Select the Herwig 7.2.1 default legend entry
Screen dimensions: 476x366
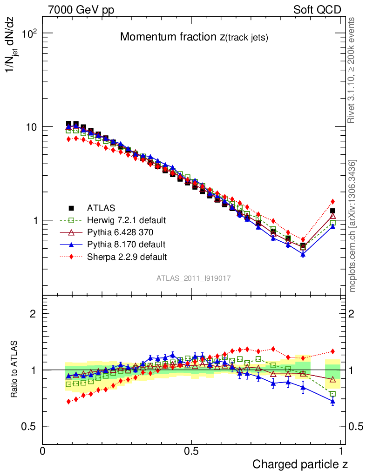click(x=127, y=220)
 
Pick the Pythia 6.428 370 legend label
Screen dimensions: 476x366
click(x=124, y=232)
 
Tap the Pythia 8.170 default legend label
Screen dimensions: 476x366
click(x=126, y=244)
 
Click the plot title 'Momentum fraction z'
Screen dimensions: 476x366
click(x=194, y=37)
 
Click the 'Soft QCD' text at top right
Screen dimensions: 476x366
click(x=317, y=10)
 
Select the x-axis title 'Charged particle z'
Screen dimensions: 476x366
click(x=300, y=464)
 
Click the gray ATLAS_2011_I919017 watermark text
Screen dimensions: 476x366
click(x=194, y=278)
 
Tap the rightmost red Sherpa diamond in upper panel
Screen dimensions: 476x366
click(x=332, y=201)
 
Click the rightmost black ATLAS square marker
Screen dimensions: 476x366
click(x=332, y=211)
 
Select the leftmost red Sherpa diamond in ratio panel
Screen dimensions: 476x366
click(x=68, y=401)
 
